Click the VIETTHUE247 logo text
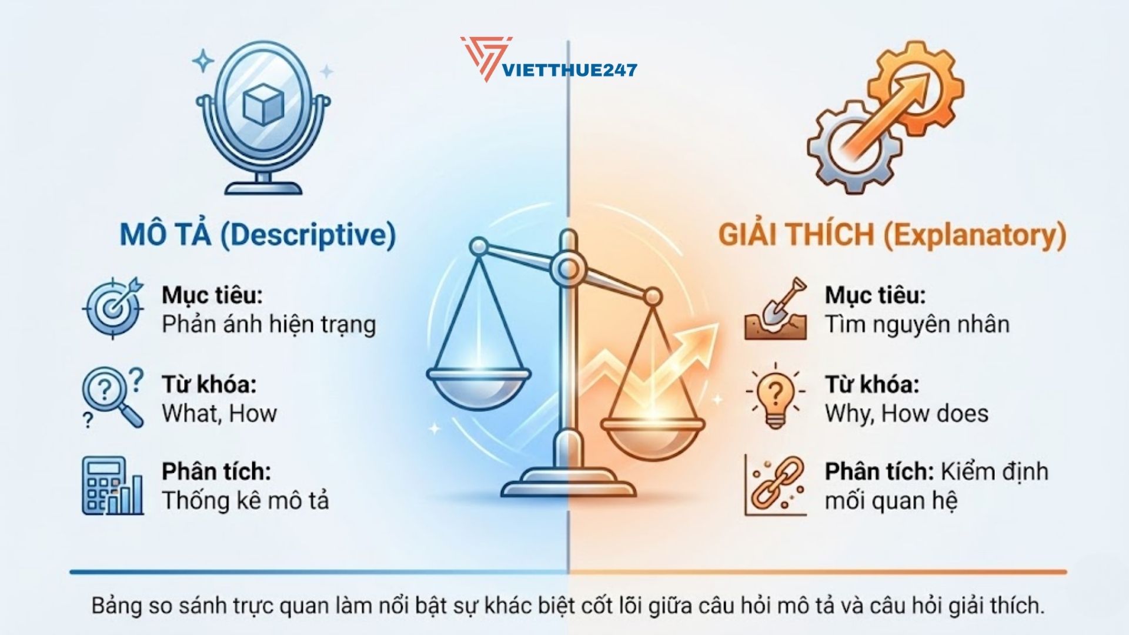click(x=570, y=70)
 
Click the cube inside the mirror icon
click(x=263, y=103)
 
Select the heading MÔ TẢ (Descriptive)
click(x=258, y=235)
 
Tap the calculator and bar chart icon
click(x=112, y=486)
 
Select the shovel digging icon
click(x=775, y=309)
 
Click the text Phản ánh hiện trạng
click(x=268, y=325)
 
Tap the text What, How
click(x=219, y=413)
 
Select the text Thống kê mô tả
click(x=245, y=500)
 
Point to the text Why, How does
click(x=906, y=413)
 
